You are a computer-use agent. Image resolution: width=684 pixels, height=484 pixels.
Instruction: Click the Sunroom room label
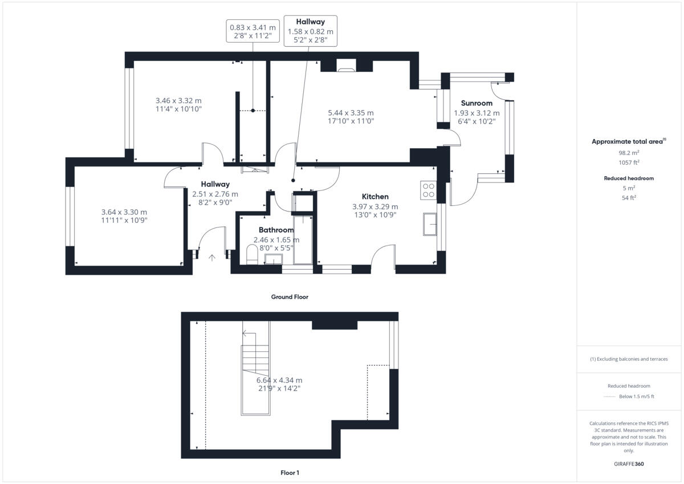pyautogui.click(x=477, y=103)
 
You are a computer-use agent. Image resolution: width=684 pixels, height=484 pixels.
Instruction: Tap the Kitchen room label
pyautogui.click(x=374, y=197)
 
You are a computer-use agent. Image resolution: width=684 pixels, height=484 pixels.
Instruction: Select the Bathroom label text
pyautogui.click(x=276, y=230)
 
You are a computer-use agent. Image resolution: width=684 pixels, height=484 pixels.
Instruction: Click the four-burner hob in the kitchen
pyautogui.click(x=427, y=190)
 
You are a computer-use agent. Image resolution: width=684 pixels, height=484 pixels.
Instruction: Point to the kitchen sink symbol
pyautogui.click(x=429, y=224)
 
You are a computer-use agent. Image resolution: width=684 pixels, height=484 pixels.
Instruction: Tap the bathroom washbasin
pyautogui.click(x=274, y=259)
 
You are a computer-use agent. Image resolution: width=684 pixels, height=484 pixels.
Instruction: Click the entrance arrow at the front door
pyautogui.click(x=212, y=258)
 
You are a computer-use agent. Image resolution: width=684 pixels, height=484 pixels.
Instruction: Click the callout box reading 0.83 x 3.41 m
pyautogui.click(x=253, y=31)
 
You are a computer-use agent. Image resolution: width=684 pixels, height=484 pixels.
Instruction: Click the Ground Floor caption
pyautogui.click(x=290, y=297)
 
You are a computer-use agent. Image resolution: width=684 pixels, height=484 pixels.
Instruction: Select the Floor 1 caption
pyautogui.click(x=290, y=473)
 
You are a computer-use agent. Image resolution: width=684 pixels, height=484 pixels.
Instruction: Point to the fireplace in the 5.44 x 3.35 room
pyautogui.click(x=346, y=68)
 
